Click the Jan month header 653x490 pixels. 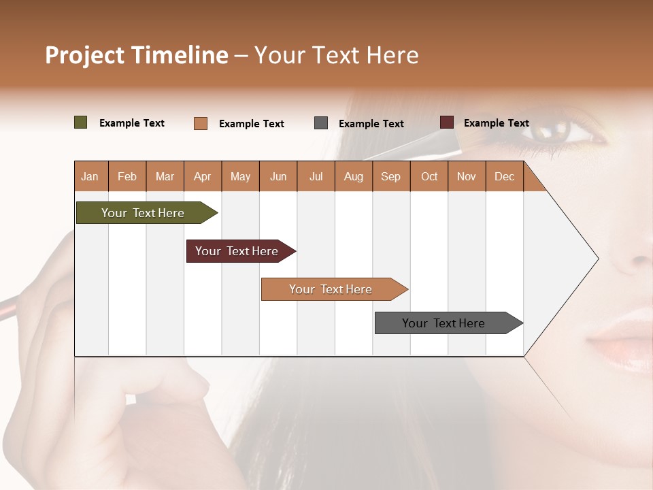pyautogui.click(x=90, y=176)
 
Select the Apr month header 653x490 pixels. pyautogui.click(x=202, y=176)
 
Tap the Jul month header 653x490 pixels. pyautogui.click(x=316, y=176)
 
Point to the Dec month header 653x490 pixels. pyautogui.click(x=504, y=176)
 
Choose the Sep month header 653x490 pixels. pyautogui.click(x=390, y=176)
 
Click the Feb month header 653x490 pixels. pyautogui.click(x=127, y=176)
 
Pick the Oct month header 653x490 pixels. pyautogui.click(x=429, y=176)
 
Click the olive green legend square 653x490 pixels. pyautogui.click(x=80, y=122)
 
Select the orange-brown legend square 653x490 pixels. pyautogui.click(x=200, y=123)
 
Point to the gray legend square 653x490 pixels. pyautogui.click(x=320, y=123)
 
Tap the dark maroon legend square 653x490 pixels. pyautogui.click(x=446, y=122)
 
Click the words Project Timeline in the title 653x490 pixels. pyautogui.click(x=136, y=55)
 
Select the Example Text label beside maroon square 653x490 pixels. pyautogui.click(x=496, y=123)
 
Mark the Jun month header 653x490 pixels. pyautogui.click(x=278, y=176)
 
